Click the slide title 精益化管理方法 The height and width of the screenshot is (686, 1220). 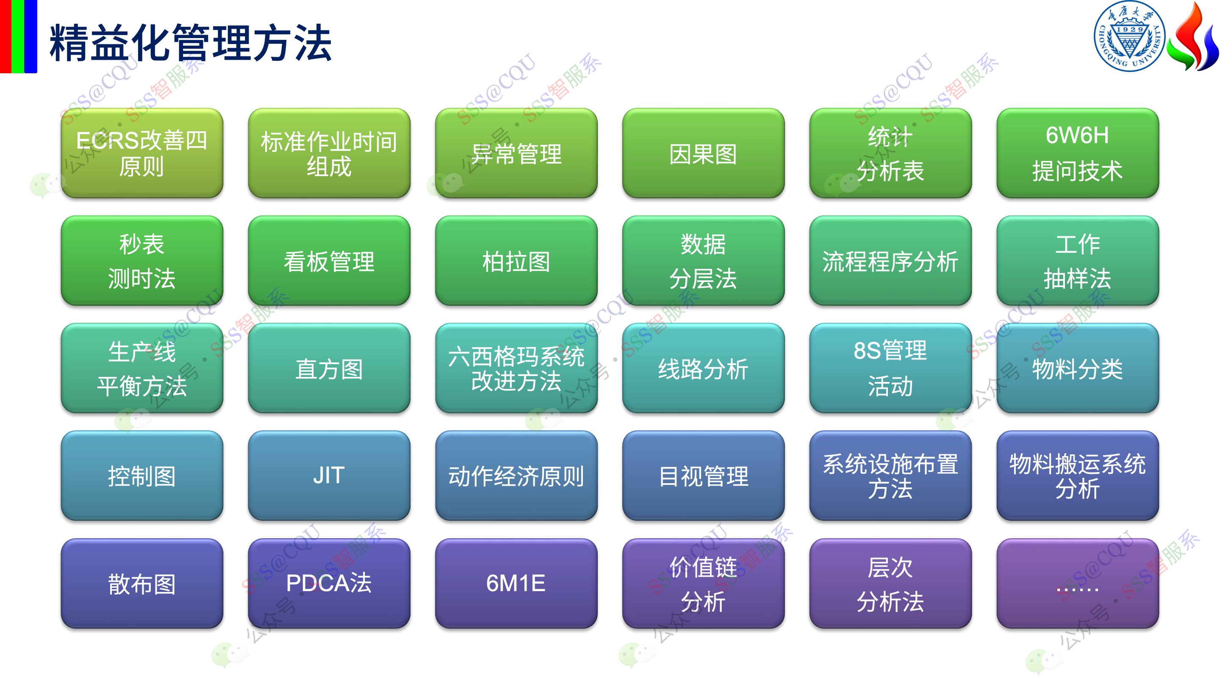pyautogui.click(x=190, y=43)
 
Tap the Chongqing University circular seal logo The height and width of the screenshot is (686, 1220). pyautogui.click(x=1129, y=36)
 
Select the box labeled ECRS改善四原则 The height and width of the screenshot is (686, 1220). pyautogui.click(x=142, y=153)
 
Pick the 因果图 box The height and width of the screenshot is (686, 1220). pyautogui.click(x=703, y=153)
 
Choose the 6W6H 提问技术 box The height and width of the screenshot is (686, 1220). pyautogui.click(x=1077, y=153)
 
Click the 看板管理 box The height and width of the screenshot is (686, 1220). pyautogui.click(x=329, y=260)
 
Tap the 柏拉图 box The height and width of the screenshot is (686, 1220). pyautogui.click(x=516, y=260)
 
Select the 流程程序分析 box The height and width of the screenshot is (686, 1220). pyautogui.click(x=890, y=260)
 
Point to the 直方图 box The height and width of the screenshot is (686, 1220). pyautogui.click(x=329, y=368)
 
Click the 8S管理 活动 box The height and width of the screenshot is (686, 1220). pyautogui.click(x=890, y=368)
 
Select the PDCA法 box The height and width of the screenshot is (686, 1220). pyautogui.click(x=329, y=583)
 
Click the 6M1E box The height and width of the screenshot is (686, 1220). pyautogui.click(x=516, y=583)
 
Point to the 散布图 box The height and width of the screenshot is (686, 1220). pyautogui.click(x=142, y=583)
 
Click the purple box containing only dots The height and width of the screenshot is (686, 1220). pyautogui.click(x=1077, y=583)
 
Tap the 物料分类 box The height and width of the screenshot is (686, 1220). pyautogui.click(x=1077, y=368)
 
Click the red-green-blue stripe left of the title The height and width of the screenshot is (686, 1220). pyautogui.click(x=19, y=36)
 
